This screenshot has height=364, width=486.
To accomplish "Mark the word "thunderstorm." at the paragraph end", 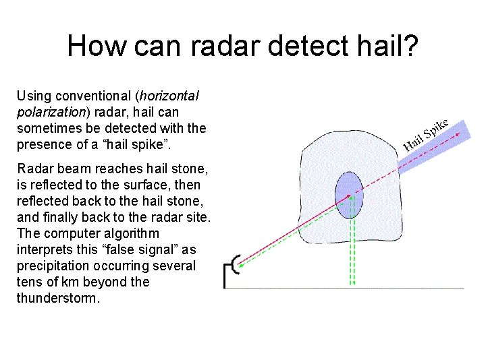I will point(58,298).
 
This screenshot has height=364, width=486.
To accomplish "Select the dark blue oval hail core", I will point(349,195).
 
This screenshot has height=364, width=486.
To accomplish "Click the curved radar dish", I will point(236,264).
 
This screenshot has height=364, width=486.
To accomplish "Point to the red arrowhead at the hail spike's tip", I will point(464,133).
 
